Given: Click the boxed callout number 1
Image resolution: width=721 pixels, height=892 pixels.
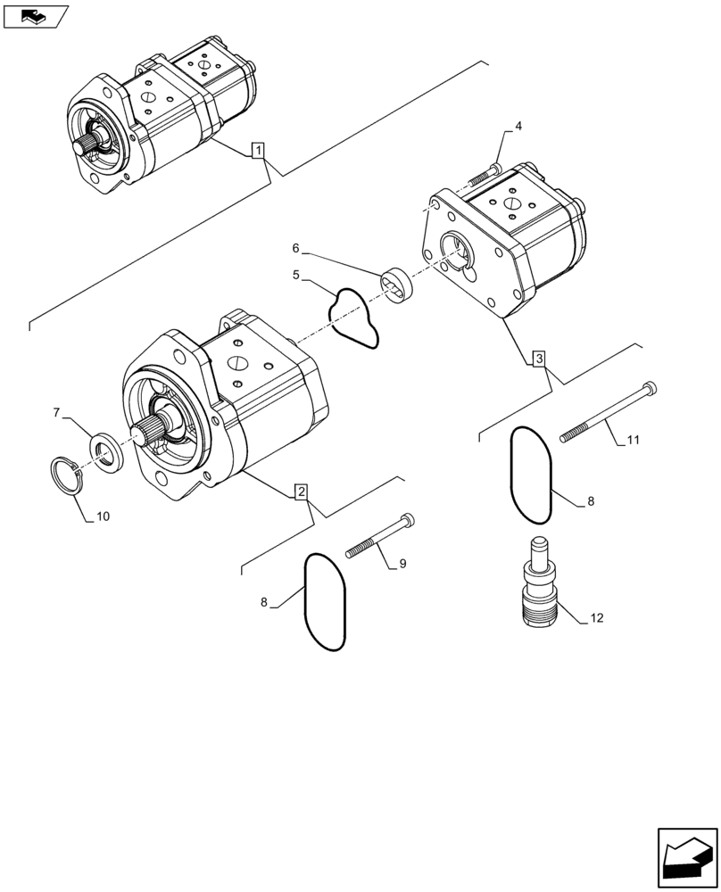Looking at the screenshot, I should [x=257, y=151].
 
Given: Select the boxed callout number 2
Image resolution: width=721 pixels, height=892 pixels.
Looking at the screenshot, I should [x=302, y=491].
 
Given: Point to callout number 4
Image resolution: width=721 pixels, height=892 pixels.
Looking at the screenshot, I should [x=518, y=127].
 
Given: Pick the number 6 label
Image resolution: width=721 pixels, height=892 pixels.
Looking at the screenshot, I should [x=296, y=248].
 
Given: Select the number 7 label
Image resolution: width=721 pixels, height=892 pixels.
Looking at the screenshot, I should [x=56, y=412].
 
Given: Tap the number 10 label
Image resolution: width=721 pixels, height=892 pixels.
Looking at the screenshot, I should [x=103, y=516].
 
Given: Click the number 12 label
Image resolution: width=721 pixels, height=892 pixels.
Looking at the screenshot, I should [x=596, y=617].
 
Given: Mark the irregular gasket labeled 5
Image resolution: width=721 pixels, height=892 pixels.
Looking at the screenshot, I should [x=354, y=317].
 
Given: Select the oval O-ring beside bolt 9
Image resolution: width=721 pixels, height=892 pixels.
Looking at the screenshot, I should [x=326, y=602].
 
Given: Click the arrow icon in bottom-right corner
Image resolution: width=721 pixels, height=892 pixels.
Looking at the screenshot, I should [x=685, y=859].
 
